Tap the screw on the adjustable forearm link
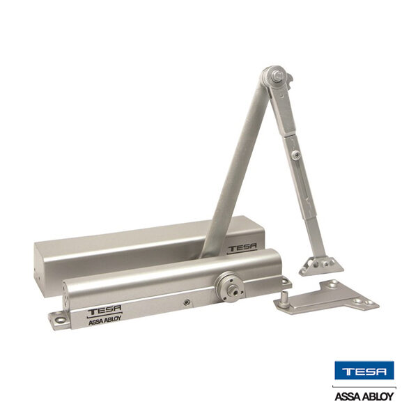[x=296, y=154]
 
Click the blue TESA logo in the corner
[x=364, y=371]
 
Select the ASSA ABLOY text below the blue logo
[x=364, y=396]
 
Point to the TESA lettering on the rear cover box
[x=242, y=248]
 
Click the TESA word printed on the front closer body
[x=104, y=310]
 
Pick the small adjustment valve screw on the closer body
[x=187, y=302]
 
